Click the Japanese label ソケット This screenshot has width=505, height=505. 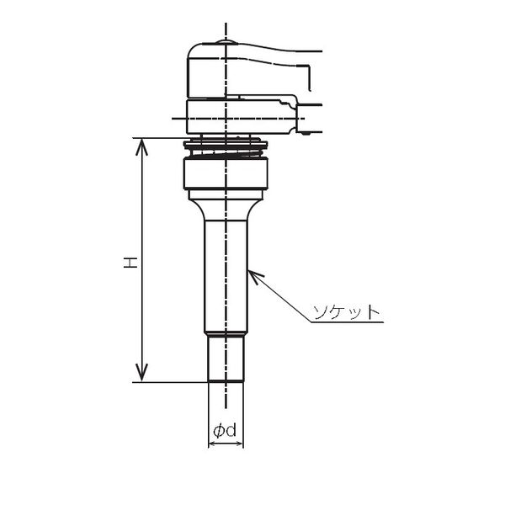coord(347,311)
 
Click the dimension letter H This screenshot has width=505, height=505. coord(130,263)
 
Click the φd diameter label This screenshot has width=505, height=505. coord(225,430)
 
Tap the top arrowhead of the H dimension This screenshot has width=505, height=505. coord(141,147)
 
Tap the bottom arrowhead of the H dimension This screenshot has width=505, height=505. coord(141,373)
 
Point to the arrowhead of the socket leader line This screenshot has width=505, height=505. coord(254,276)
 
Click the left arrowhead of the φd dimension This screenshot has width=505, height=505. coord(212,444)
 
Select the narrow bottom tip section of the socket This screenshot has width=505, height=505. coord(226,359)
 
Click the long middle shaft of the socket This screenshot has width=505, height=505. coord(226,276)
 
